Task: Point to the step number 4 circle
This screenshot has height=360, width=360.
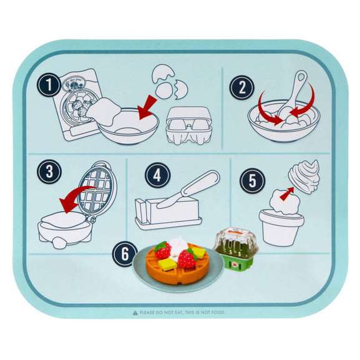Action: tap(157, 176)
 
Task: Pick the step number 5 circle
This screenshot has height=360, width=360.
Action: tap(252, 180)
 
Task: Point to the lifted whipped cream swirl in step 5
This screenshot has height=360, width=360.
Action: tap(304, 175)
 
